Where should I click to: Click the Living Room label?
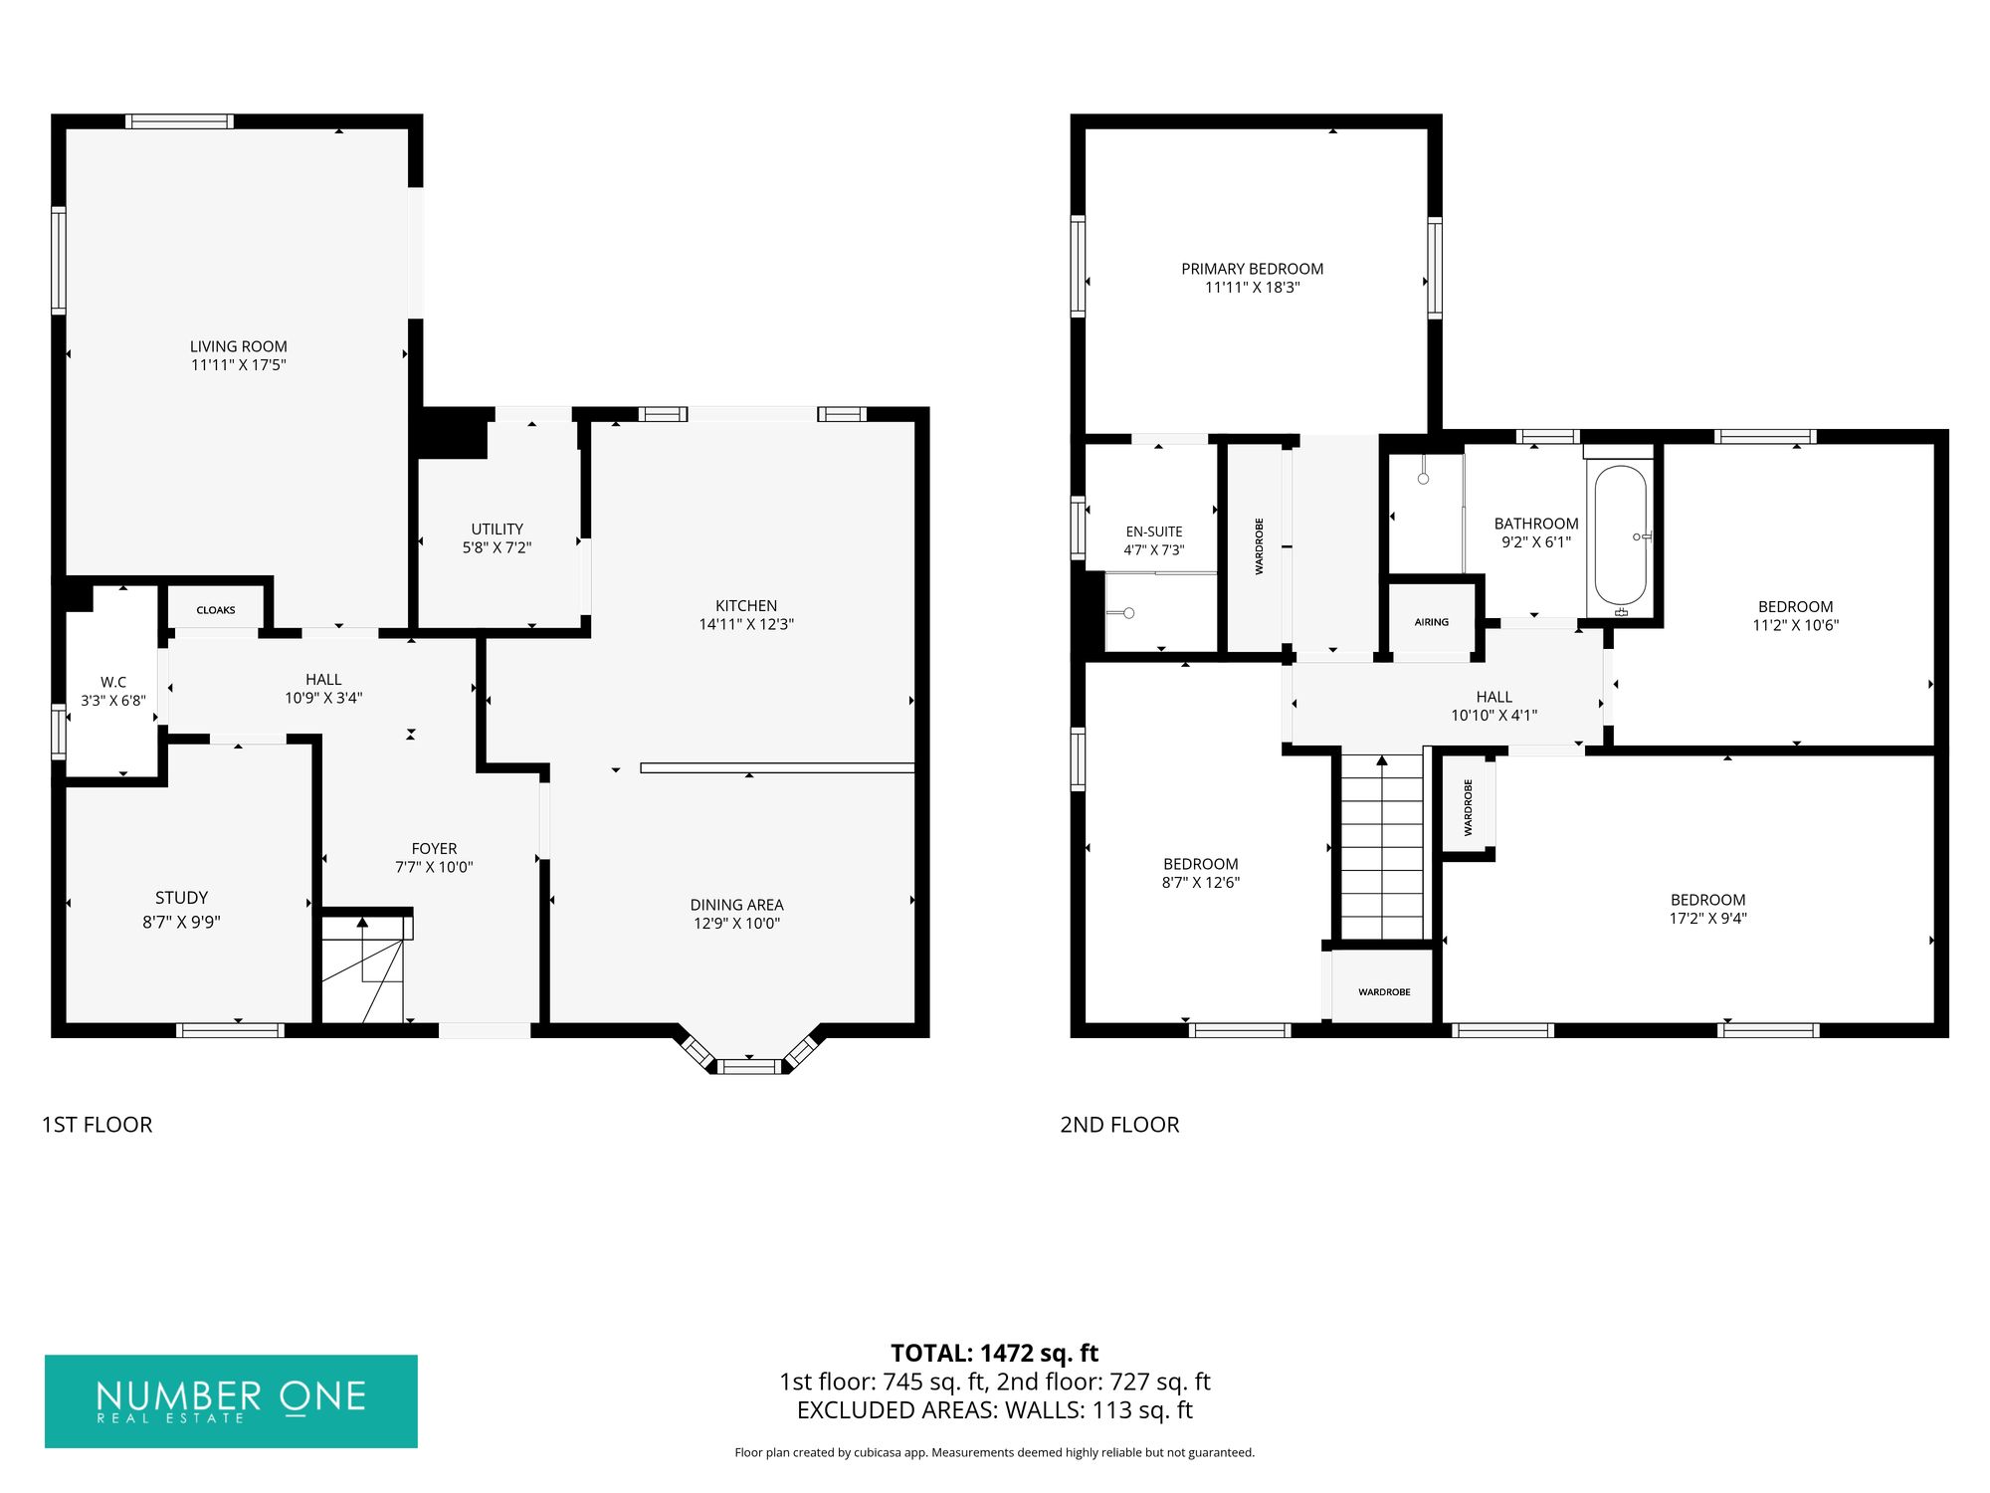(239, 346)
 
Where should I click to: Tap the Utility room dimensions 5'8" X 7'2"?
(497, 547)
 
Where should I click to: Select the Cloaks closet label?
(216, 610)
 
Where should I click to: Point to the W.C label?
(113, 682)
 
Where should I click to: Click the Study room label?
(181, 898)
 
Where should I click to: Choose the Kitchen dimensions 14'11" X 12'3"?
(746, 624)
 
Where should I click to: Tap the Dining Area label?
(737, 905)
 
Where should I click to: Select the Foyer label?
(435, 849)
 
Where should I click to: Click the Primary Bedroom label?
(1253, 269)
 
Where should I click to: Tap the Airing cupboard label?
(1432, 622)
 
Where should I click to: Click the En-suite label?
(1154, 532)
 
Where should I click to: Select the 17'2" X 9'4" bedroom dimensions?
(1708, 918)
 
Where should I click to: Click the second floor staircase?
(1382, 846)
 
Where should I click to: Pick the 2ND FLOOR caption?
(1119, 1125)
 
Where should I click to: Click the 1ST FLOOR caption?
(98, 1125)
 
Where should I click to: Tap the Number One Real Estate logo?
(231, 1401)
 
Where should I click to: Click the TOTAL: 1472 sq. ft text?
(995, 1354)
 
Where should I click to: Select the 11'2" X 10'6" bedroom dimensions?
(1796, 625)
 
